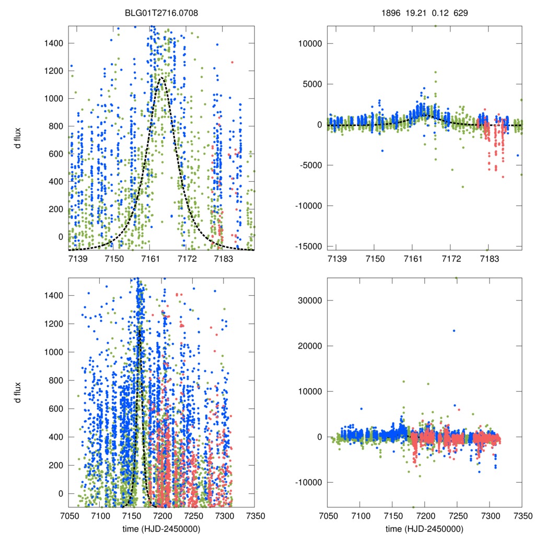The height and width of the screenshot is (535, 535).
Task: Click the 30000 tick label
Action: coord(309,300)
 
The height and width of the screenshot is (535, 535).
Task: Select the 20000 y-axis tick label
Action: coord(309,346)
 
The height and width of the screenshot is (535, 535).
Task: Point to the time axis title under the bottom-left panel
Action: coord(161,529)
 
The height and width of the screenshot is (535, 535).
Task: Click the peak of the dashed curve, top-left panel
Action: coord(161,78)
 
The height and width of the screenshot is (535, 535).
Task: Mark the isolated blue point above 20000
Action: coord(454,330)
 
